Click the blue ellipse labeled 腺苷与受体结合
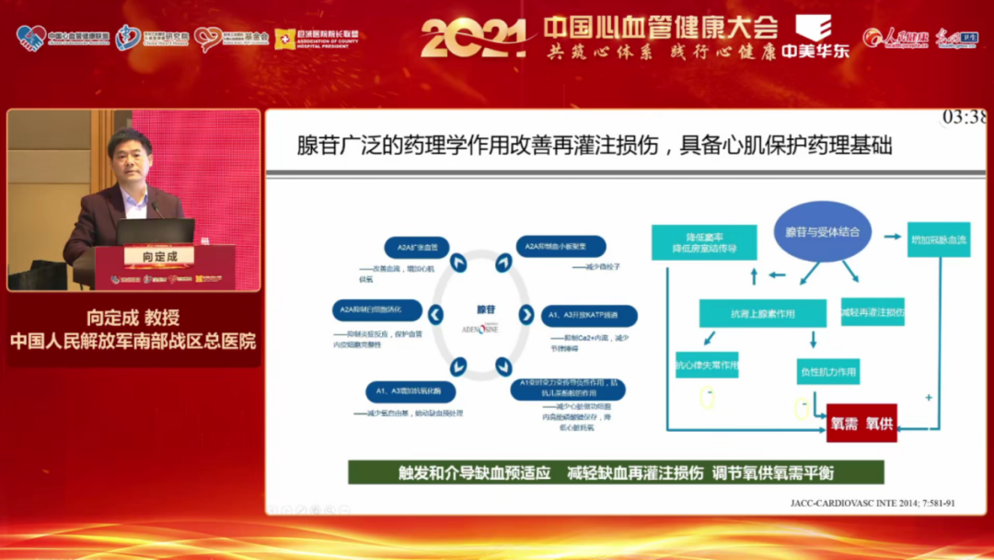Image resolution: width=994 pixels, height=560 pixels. click(x=822, y=231)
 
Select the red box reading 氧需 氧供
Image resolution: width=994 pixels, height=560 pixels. click(x=861, y=423)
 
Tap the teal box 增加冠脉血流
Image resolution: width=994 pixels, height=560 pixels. click(x=938, y=239)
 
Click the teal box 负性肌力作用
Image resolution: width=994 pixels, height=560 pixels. click(x=827, y=372)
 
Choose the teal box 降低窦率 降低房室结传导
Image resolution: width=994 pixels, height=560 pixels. click(x=704, y=242)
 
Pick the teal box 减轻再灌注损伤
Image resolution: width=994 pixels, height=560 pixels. click(x=872, y=311)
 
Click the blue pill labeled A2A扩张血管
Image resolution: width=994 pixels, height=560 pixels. click(x=417, y=246)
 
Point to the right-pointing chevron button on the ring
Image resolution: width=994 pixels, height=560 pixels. click(x=526, y=315)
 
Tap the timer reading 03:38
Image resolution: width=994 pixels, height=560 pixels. click(x=963, y=117)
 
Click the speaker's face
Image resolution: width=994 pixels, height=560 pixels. click(x=130, y=154)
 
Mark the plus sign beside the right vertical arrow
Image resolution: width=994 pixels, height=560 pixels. click(x=928, y=397)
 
